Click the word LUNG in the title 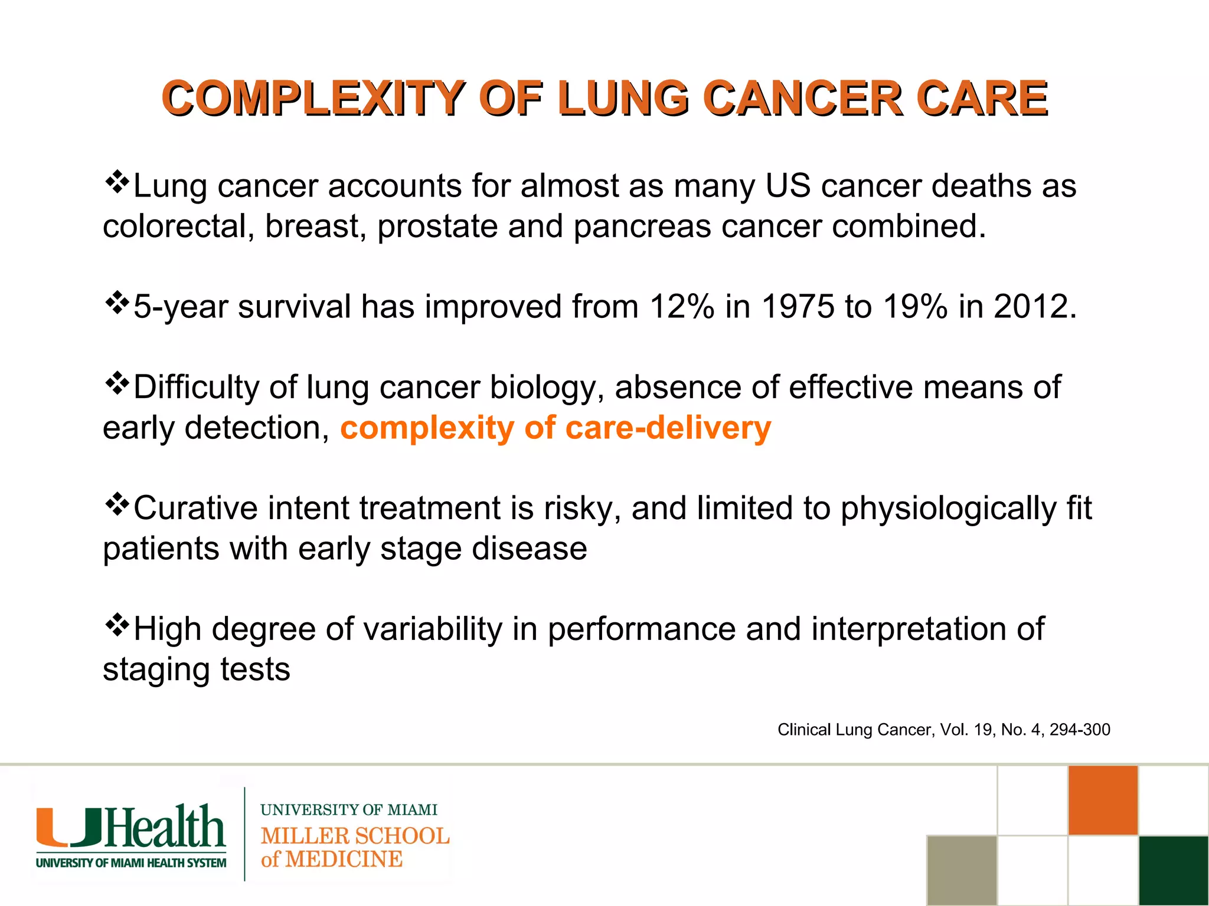(x=623, y=98)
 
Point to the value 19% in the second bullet (x=915, y=307)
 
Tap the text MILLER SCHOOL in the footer (x=355, y=836)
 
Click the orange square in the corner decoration (x=1103, y=800)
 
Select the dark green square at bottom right (x=1174, y=870)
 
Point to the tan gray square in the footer (x=962, y=870)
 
